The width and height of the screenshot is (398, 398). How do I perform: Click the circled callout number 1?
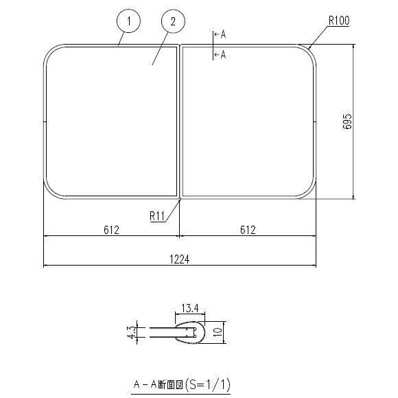pos(128,22)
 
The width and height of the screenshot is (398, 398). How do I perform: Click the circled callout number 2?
pos(173,22)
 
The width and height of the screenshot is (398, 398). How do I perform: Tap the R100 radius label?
pos(338,21)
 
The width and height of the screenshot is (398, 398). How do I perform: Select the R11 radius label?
pos(157,215)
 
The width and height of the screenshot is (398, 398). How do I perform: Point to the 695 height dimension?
pos(347,122)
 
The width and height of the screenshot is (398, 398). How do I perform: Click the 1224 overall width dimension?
pos(180,259)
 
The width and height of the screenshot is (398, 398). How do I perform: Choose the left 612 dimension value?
pos(112,230)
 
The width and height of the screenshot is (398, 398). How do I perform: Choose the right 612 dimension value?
pos(248,230)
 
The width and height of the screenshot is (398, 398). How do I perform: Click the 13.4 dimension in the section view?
pos(191,307)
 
